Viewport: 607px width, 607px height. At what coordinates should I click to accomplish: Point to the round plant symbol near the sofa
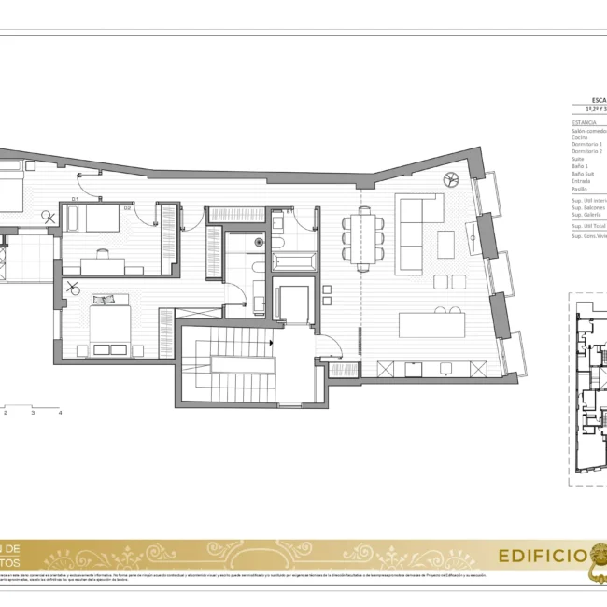pos(453,178)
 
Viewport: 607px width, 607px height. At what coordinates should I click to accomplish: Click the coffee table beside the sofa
pos(445,244)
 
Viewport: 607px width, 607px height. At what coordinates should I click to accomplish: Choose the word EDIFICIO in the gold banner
pos(542,558)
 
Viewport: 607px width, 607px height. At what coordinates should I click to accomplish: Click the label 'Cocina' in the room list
pos(580,137)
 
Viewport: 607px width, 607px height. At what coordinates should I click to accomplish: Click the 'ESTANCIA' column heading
pos(585,122)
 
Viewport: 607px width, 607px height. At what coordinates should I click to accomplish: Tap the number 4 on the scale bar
pos(61,412)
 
